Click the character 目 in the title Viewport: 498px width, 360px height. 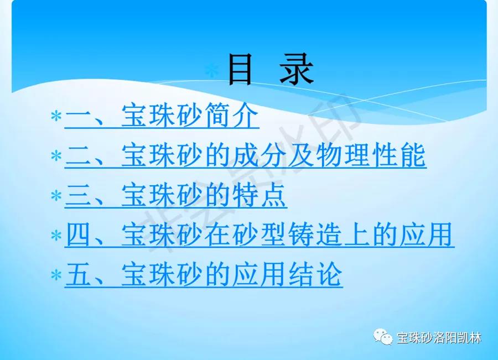241,69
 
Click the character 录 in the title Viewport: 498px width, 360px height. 297,69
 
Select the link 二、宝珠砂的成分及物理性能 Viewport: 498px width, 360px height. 245,155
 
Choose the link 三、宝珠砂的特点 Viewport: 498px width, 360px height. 176,195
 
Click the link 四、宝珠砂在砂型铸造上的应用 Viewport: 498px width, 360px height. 260,235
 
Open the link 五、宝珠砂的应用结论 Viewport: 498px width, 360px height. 204,275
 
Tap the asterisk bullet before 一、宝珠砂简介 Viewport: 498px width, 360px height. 56,116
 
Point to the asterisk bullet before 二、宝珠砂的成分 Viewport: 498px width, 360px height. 56,156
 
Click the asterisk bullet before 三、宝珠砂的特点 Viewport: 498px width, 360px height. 56,196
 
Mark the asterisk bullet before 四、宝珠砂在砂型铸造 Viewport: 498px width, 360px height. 56,236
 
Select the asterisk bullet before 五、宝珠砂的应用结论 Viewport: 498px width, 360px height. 56,275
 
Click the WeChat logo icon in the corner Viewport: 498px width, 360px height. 383,337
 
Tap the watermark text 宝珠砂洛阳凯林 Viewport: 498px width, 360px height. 439,338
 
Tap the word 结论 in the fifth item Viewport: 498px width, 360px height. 315,275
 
